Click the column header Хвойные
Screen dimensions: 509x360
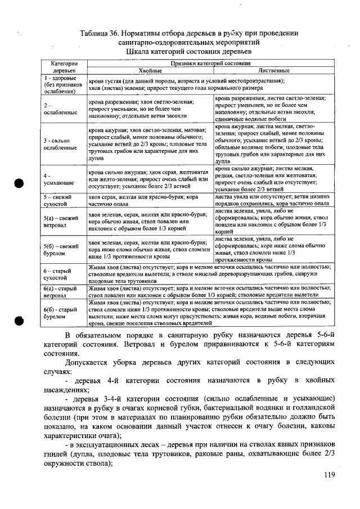point(150,71)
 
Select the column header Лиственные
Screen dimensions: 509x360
point(273,71)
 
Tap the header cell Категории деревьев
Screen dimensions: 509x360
point(64,67)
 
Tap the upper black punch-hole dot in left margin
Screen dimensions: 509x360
point(19,183)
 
